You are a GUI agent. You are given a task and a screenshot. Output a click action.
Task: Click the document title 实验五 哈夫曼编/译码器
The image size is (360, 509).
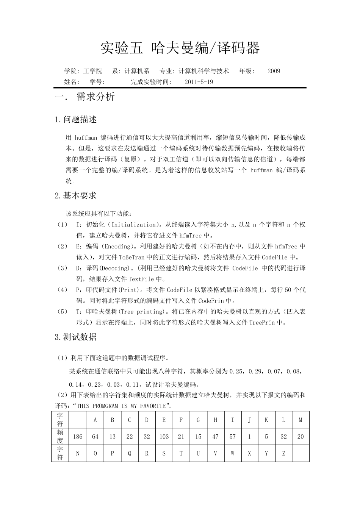tap(180, 48)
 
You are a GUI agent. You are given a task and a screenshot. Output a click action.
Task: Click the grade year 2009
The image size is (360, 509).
tap(274, 71)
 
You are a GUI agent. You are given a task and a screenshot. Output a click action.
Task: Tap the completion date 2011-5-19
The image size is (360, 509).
tap(199, 82)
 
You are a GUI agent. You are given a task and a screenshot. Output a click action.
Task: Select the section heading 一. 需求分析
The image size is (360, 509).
tap(85, 97)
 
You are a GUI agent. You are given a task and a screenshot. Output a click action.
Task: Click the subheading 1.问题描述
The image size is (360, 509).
tap(75, 120)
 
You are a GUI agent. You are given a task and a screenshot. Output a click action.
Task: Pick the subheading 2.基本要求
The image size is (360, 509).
tap(75, 196)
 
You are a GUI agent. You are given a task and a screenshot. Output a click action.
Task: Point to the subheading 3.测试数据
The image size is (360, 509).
tap(75, 337)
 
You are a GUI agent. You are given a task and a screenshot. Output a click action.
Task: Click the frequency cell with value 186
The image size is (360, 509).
tap(78, 437)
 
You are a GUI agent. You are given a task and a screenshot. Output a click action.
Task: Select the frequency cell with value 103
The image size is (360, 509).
tap(164, 437)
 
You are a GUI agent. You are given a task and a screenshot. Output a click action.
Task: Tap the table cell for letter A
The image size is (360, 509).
tap(95, 420)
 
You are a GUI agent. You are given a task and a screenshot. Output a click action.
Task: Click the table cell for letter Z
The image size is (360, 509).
tap(283, 453)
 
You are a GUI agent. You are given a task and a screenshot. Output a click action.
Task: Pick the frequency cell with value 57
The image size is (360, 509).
tap(232, 437)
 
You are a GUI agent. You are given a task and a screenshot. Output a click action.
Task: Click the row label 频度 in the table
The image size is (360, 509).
tap(60, 437)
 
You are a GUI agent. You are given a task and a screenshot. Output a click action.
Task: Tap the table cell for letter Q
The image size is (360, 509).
tap(130, 453)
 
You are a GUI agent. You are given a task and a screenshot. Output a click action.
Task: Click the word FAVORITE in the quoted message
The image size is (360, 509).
tap(152, 406)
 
